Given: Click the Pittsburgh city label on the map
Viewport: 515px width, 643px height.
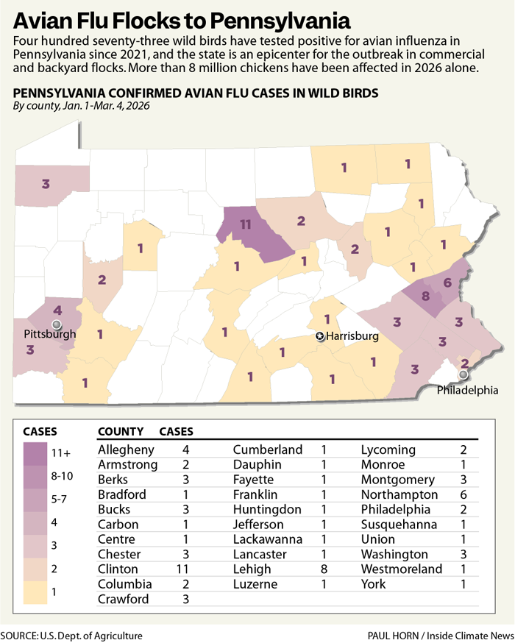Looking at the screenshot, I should pos(49,334).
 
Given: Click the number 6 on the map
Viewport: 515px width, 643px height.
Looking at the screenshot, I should pos(447,283).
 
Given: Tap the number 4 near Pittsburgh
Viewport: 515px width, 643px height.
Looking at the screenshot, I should pos(57,310).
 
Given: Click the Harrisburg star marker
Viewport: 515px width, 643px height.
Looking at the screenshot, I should pos(319,336).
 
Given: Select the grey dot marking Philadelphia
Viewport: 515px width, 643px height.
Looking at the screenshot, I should pos(463,374).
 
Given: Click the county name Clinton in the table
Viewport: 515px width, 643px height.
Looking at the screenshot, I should pos(118,569).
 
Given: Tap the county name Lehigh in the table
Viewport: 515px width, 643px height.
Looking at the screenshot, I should pos(252,569).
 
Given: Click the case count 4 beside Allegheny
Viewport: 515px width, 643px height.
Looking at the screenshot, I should pos(185,450).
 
